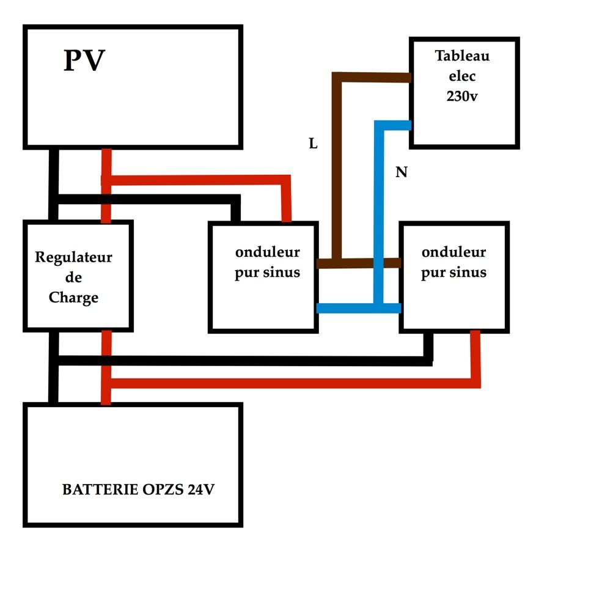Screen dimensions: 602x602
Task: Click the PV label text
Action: (x=84, y=61)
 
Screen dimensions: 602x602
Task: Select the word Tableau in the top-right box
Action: (x=462, y=56)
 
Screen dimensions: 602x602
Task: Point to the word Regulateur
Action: (x=73, y=257)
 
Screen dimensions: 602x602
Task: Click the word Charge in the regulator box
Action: (x=73, y=298)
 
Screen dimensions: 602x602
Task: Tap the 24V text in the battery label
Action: (x=200, y=490)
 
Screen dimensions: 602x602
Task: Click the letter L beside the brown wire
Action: (x=314, y=144)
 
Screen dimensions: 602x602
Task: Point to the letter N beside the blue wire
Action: (x=401, y=173)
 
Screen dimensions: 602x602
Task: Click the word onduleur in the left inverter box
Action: (x=267, y=252)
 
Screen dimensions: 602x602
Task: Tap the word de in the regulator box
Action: (x=73, y=277)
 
